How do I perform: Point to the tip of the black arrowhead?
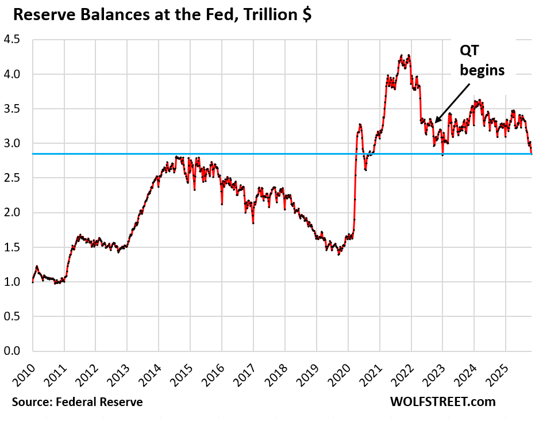click(435, 122)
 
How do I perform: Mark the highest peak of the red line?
click(409, 55)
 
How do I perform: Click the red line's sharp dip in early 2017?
click(253, 223)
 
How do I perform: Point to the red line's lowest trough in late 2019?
click(338, 254)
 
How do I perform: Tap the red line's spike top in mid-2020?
click(360, 124)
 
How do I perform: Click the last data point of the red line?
click(532, 154)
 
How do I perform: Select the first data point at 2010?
click(33, 282)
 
